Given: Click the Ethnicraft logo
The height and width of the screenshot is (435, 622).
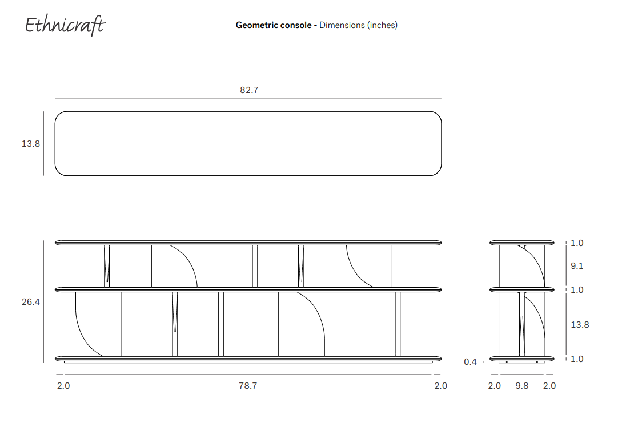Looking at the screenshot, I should [x=65, y=25].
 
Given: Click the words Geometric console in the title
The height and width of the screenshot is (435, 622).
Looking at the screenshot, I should [x=274, y=25].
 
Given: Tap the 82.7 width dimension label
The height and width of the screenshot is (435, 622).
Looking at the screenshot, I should [x=249, y=90].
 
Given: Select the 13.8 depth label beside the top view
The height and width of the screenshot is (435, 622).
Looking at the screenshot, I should [x=31, y=144].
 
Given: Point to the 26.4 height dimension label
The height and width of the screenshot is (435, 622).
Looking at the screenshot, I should [x=31, y=301].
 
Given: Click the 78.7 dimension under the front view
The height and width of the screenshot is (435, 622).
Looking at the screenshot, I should [x=248, y=386].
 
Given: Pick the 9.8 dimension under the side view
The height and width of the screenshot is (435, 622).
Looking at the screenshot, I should [x=522, y=386].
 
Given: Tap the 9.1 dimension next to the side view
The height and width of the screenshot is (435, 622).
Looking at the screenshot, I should [x=577, y=266].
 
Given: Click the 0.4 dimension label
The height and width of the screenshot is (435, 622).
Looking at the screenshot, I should [x=470, y=362].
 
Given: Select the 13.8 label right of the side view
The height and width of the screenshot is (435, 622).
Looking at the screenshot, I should [x=580, y=325].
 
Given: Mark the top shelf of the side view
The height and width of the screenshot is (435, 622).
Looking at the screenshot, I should [x=522, y=243].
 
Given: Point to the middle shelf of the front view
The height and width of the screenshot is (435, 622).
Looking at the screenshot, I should [x=248, y=289].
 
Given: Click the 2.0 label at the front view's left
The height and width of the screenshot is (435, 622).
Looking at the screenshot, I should [x=63, y=386].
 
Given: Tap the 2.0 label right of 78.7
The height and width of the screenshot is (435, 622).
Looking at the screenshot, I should [x=440, y=386].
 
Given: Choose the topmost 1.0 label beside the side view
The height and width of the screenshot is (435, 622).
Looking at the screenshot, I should [x=577, y=243].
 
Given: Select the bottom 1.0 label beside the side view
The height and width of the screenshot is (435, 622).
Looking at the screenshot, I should [x=577, y=359].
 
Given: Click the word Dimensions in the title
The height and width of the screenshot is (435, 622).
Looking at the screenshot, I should [x=342, y=25].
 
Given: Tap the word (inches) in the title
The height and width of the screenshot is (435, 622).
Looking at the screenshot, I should [x=382, y=25].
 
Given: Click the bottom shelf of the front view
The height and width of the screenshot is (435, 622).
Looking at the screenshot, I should [x=248, y=359].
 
